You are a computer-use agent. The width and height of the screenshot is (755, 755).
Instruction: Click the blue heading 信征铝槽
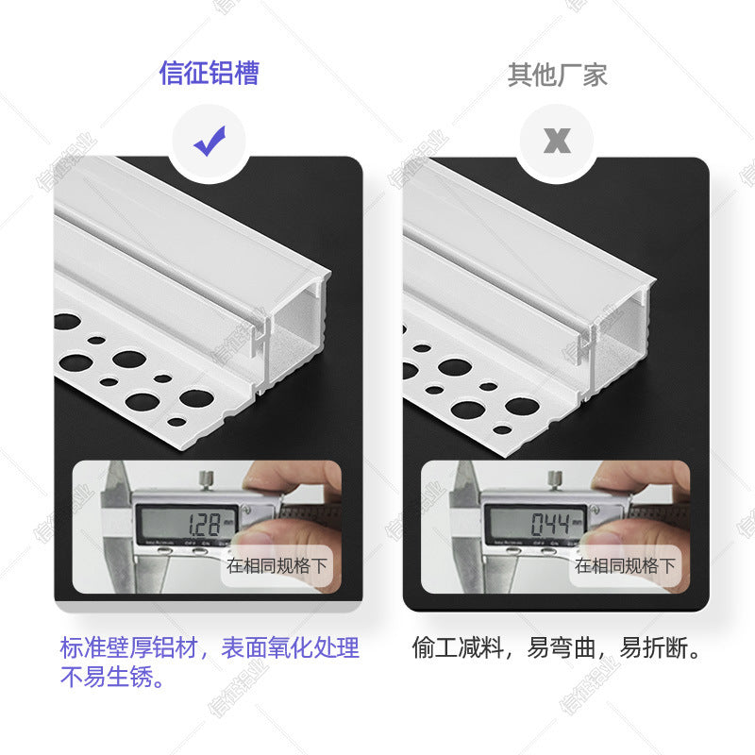pos(209,74)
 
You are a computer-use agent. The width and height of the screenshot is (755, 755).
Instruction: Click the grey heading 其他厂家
pos(557,75)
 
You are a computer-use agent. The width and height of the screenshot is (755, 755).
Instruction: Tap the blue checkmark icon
pos(209,143)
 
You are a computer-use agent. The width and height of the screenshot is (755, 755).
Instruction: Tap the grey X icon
pos(557,143)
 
